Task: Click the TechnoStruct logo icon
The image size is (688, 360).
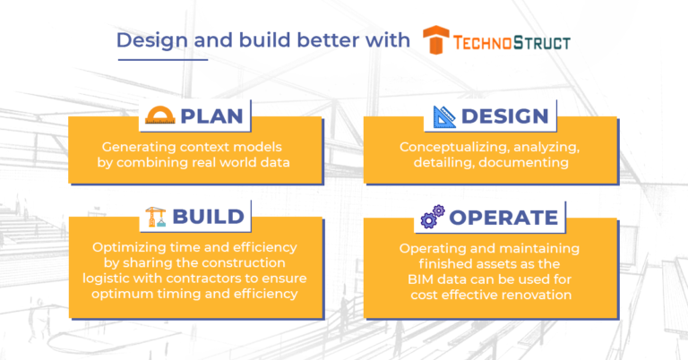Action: pos(436,41)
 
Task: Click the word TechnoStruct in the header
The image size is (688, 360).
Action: pos(511,42)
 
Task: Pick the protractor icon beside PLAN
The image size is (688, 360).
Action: pos(160,116)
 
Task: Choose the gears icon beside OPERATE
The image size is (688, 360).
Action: pos(434,218)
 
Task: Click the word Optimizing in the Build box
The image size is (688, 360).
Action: pos(129,247)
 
